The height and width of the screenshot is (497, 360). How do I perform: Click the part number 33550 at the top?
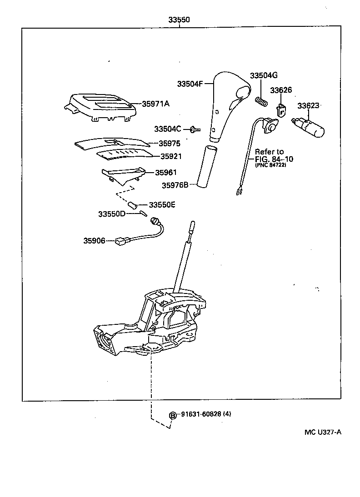coord(179,20)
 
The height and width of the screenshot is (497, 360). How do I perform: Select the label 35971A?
coord(155,104)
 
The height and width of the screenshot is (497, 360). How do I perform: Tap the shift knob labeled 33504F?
coord(226,102)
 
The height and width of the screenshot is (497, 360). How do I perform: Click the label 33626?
coord(281,90)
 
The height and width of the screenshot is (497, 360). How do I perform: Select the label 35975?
coord(169,144)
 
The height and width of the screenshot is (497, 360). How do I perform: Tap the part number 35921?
coord(170,156)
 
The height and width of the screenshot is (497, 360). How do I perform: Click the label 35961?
coord(166,173)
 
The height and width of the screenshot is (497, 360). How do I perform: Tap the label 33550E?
coord(162,205)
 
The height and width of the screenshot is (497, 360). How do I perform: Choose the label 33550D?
coord(112,214)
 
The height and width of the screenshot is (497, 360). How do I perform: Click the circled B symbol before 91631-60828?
coord(173,415)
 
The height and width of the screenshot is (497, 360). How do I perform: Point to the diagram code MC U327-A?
coord(323,432)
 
